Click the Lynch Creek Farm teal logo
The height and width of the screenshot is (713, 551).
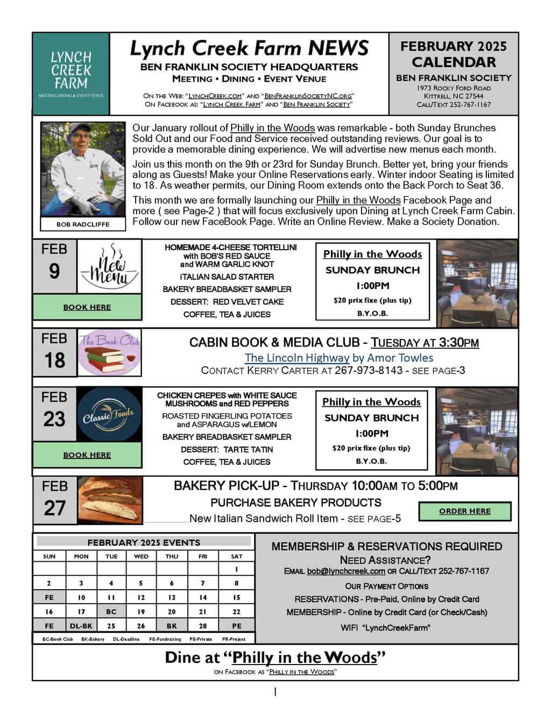coord(71,73)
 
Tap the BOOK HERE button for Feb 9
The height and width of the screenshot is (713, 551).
coord(87,307)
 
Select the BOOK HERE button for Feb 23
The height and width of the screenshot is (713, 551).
coord(87,455)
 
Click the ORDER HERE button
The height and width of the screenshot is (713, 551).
coord(465,511)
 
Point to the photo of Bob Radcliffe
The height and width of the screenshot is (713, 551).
coord(83,170)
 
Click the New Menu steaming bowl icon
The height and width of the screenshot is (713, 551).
coord(110,267)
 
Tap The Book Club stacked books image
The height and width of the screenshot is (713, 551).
coord(110,352)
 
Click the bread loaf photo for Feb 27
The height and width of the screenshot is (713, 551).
coord(110,500)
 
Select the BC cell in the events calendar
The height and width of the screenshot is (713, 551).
coord(111,611)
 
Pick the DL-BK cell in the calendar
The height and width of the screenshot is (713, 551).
coord(81,626)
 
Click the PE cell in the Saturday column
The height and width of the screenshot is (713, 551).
coord(237,626)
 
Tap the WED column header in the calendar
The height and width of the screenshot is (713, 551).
coord(141,556)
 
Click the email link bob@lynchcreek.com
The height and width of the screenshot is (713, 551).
coord(346,571)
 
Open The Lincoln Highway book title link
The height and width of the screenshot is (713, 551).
coord(297,357)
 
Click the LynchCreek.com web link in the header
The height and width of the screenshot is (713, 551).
coord(214,95)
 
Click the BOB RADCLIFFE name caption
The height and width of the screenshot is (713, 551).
coord(83,224)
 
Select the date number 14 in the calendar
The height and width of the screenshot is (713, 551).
coord(203,597)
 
